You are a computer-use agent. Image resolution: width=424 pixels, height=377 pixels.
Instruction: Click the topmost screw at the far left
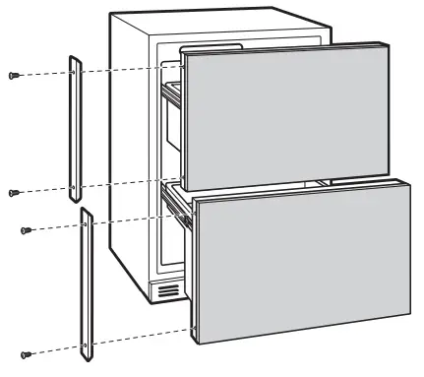point(13,75)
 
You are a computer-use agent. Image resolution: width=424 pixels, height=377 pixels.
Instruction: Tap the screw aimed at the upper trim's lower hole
point(13,192)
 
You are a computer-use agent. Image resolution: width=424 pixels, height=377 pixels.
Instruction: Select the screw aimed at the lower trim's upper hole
point(27,230)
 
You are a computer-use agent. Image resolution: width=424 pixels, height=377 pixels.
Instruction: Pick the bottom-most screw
point(28,352)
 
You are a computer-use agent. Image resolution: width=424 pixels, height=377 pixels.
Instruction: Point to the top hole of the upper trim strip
point(74,72)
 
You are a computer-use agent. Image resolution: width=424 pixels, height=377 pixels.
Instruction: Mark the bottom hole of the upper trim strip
point(75,185)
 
